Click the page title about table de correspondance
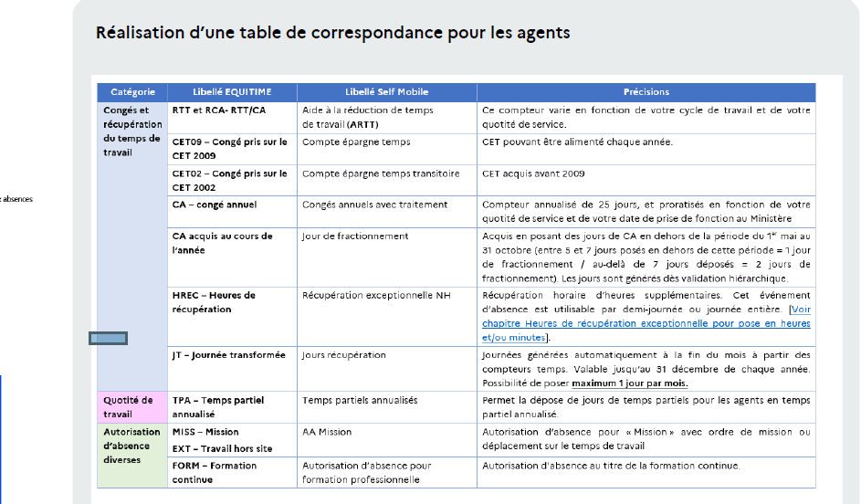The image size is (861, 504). pyautogui.click(x=332, y=33)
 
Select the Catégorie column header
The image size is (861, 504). pyautogui.click(x=132, y=92)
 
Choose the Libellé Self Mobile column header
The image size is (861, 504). pyautogui.click(x=386, y=92)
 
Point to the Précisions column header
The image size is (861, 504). pyautogui.click(x=646, y=92)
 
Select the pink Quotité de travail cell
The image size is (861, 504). pyautogui.click(x=129, y=407)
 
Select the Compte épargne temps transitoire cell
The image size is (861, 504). pyautogui.click(x=381, y=173)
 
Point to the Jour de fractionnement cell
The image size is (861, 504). pyautogui.click(x=355, y=236)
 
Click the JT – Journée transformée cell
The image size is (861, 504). pyautogui.click(x=228, y=354)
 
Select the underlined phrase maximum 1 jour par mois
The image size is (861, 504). pyautogui.click(x=629, y=383)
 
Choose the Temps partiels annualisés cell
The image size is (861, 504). pyautogui.click(x=360, y=400)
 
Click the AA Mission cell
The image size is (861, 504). pyautogui.click(x=328, y=432)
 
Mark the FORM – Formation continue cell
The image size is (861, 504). pyautogui.click(x=215, y=472)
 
